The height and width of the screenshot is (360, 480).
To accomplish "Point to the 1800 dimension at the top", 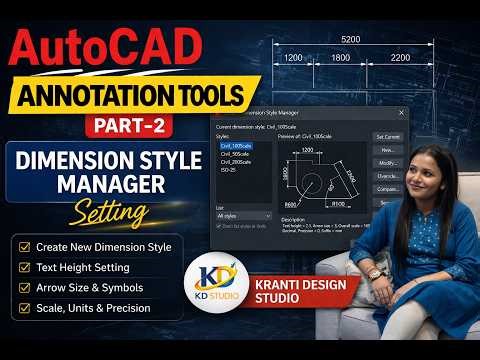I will pyautogui.click(x=341, y=58).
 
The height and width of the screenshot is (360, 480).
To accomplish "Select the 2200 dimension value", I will pyautogui.click(x=400, y=58).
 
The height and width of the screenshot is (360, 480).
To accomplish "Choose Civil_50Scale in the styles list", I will pyautogui.click(x=237, y=153).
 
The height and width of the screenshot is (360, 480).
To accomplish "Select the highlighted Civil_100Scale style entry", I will pyautogui.click(x=238, y=145).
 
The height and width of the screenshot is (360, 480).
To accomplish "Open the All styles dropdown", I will pyautogui.click(x=240, y=215).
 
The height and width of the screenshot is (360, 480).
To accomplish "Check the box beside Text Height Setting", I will pyautogui.click(x=24, y=267).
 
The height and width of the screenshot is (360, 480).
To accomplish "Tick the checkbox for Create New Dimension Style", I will pyautogui.click(x=24, y=246).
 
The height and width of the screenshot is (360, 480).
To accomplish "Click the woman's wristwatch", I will pyautogui.click(x=374, y=272).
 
